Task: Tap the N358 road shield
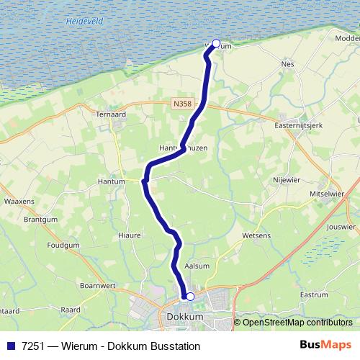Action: tap(182, 104)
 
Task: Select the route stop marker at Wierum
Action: tap(215, 43)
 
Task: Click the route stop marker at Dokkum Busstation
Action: tap(190, 296)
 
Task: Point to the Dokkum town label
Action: tap(185, 316)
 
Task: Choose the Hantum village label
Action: tap(112, 183)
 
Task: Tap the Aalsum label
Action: tap(197, 266)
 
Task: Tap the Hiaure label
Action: tap(129, 235)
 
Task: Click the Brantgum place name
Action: tap(40, 219)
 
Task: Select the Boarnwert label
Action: tap(99, 285)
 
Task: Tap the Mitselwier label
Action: tap(328, 194)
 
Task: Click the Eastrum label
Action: tap(313, 294)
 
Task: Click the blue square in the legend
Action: tap(10, 346)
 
